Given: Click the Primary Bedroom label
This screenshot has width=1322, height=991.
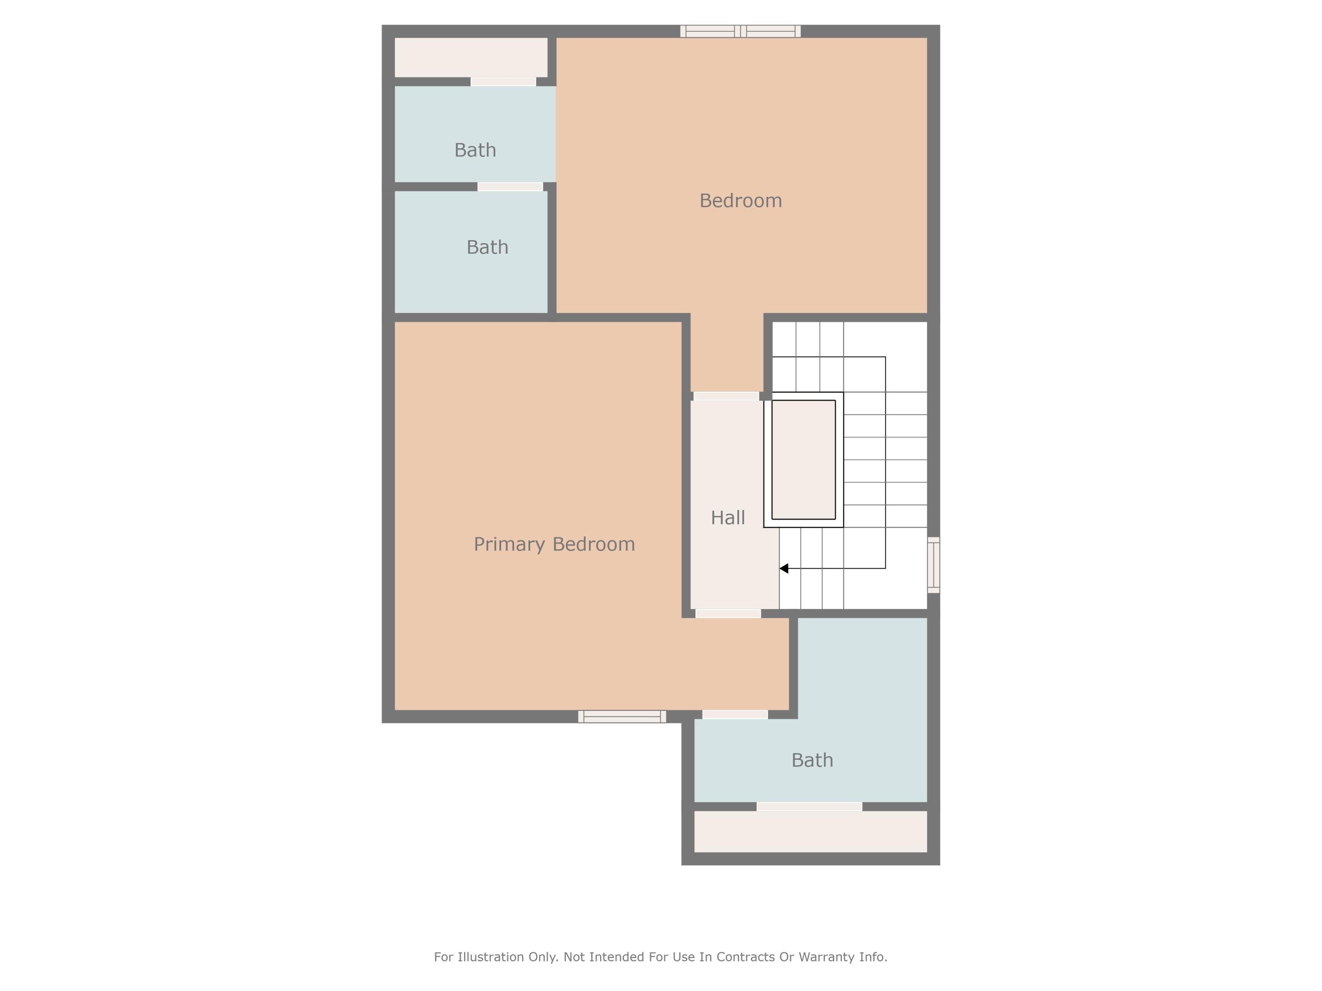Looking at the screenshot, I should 554,544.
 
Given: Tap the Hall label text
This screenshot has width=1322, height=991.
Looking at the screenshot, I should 728,518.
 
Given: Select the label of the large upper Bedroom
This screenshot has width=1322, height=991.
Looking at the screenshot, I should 740,201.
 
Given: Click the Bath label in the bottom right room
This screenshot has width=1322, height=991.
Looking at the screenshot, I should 812,760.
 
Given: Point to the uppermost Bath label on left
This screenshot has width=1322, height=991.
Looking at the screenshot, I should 475,150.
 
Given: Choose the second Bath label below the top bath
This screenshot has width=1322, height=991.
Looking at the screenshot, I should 487,247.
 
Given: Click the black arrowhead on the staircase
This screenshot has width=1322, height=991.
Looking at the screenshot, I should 784,569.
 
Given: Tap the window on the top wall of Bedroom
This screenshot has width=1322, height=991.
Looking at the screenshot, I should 740,31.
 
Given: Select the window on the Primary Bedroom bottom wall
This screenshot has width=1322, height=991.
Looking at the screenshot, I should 621,717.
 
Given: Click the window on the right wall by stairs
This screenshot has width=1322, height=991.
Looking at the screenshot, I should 933,565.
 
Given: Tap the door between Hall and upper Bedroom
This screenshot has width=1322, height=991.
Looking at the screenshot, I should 726,396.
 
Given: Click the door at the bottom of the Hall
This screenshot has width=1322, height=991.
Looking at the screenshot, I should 728,614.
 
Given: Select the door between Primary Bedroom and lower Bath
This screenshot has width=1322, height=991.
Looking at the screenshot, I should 735,714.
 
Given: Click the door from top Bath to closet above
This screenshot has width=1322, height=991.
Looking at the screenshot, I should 503,82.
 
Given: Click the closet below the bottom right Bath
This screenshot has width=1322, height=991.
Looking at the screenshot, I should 810,832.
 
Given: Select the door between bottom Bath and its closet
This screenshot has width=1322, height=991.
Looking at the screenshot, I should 809,806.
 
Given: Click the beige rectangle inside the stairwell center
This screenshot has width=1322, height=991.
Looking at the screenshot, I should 803,459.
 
